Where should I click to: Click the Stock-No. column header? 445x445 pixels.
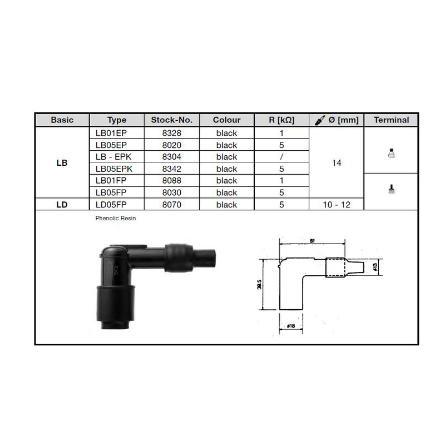tap(172, 120)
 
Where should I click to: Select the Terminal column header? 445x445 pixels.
tap(392, 120)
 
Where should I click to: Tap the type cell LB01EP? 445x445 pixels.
tap(111, 133)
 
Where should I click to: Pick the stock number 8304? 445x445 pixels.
tap(172, 157)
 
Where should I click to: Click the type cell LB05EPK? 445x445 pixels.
tap(114, 169)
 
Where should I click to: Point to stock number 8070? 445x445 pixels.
tap(172, 205)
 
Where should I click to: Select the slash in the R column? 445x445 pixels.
tap(281, 157)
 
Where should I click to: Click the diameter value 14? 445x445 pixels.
tap(337, 163)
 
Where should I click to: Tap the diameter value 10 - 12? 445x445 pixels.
tap(337, 205)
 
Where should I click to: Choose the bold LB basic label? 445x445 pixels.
tap(62, 163)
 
